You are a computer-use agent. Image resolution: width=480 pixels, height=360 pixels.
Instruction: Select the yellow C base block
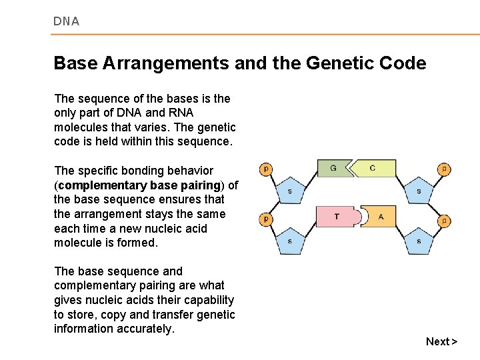tap(373, 169)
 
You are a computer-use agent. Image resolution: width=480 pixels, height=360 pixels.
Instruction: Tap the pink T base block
tap(337, 217)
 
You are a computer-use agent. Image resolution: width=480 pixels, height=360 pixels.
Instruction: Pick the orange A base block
tap(381, 217)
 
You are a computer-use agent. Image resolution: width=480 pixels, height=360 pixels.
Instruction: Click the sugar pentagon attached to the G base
tap(289, 191)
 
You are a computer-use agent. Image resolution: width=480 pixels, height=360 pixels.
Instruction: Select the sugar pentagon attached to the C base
tap(419, 191)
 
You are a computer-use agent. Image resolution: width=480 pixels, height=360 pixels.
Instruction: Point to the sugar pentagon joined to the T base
tap(289, 241)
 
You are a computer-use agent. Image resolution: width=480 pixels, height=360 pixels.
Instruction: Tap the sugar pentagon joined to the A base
tap(419, 241)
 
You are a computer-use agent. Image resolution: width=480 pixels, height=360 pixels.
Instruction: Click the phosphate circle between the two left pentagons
tap(265, 219)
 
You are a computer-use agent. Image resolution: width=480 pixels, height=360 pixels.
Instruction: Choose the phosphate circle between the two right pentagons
tap(444, 220)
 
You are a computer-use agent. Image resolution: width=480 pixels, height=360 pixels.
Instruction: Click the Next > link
tap(441, 341)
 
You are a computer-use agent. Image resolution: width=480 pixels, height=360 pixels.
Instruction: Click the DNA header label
tap(66, 21)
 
